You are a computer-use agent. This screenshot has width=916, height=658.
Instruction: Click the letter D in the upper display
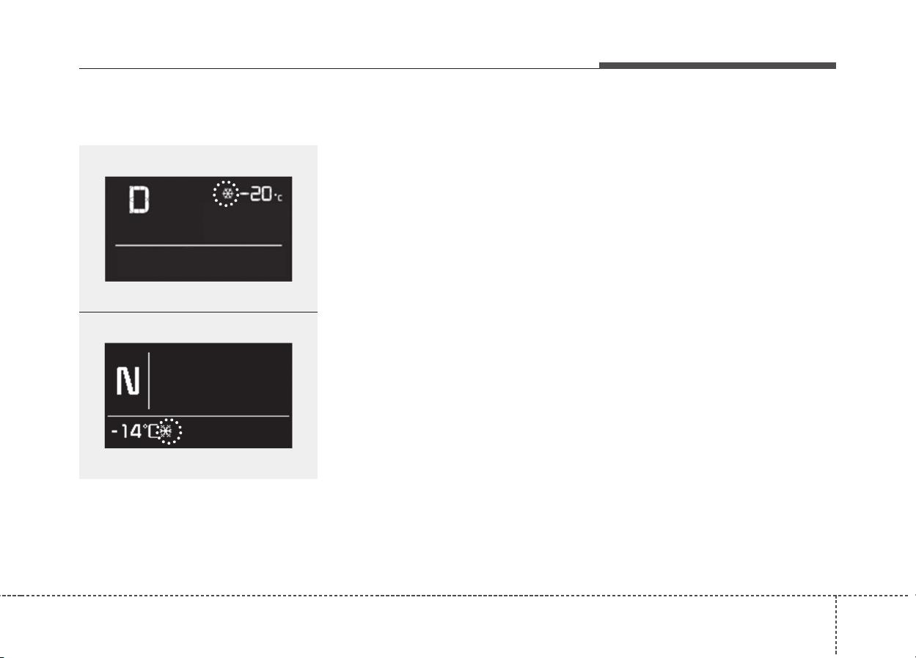139,200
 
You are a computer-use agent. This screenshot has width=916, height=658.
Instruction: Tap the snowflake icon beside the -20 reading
227,194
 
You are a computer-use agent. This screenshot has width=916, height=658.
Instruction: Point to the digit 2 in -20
255,194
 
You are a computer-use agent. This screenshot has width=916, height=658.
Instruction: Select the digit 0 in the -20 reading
267,194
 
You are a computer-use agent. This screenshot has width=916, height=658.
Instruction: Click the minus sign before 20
245,194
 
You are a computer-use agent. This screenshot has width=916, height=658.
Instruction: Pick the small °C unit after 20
278,198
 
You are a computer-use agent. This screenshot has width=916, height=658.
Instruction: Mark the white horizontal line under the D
199,245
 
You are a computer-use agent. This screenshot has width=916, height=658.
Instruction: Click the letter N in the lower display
128,380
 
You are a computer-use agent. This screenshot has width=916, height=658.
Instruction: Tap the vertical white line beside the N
149,380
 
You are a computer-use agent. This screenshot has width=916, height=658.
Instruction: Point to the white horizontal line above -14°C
198,416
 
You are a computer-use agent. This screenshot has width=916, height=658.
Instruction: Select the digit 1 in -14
125,431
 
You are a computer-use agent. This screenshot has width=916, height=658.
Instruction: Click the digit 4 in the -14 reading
136,431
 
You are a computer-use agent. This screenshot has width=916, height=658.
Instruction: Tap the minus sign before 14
114,431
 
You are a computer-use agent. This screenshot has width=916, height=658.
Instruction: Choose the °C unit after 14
150,431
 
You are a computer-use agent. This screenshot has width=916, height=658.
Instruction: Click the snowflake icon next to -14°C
166,431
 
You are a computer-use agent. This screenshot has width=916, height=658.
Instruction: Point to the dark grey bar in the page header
718,65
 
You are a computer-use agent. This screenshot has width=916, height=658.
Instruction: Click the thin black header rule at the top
339,68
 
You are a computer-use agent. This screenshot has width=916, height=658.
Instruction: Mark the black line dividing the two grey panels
198,312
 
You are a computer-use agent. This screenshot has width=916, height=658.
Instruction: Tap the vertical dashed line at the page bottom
836,626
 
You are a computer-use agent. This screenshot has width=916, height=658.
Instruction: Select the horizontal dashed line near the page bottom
458,596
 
